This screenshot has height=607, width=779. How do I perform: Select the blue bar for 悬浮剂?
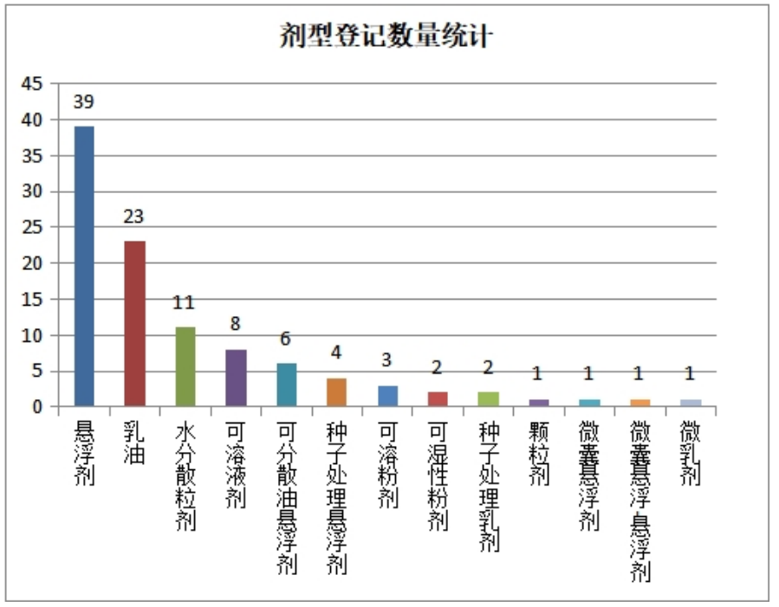tap(84, 266)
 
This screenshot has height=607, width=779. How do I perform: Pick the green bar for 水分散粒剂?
tap(185, 366)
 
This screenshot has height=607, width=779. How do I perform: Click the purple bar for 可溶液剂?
tap(236, 378)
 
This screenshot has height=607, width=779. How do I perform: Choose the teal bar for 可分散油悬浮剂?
tap(286, 384)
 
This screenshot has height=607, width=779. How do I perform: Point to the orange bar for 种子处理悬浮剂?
tap(337, 391)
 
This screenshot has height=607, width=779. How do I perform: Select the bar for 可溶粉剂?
tap(387, 396)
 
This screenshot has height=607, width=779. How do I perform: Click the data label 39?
tap(84, 102)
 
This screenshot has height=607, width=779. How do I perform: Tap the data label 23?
tap(133, 216)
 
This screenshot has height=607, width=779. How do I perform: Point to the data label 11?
tap(184, 303)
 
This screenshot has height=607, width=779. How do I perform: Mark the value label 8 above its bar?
tap(235, 325)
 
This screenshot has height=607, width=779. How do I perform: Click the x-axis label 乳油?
tap(134, 442)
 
